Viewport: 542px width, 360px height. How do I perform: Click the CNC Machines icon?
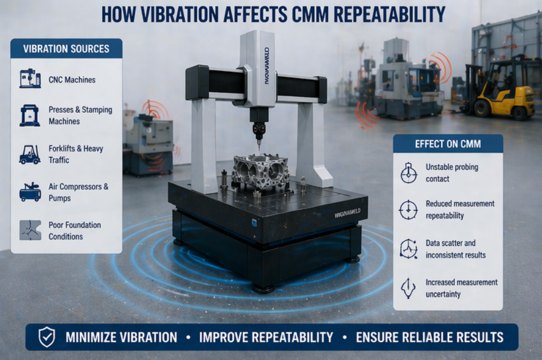click(x=30, y=79)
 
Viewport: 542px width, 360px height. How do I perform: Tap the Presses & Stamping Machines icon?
click(x=30, y=115)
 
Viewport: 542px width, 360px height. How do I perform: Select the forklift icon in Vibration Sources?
click(x=30, y=154)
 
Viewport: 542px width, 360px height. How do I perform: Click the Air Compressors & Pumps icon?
click(x=30, y=192)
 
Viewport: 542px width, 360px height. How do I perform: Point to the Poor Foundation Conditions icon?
click(x=30, y=230)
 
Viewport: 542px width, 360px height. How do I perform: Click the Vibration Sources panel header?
click(x=66, y=49)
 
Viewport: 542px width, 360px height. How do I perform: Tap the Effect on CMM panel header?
click(x=447, y=144)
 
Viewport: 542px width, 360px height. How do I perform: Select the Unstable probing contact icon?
click(x=408, y=173)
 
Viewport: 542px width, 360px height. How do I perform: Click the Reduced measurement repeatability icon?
click(x=408, y=210)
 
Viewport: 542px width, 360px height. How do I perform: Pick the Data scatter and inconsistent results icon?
click(x=408, y=249)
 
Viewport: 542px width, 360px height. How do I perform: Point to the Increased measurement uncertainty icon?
click(x=408, y=288)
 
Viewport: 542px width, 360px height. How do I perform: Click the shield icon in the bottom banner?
click(x=46, y=337)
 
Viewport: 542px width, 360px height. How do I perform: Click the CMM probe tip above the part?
click(x=259, y=148)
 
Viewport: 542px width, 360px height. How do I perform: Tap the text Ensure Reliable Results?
click(x=430, y=337)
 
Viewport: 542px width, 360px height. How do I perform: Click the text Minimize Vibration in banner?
click(x=121, y=337)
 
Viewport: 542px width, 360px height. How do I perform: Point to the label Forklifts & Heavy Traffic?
click(x=75, y=154)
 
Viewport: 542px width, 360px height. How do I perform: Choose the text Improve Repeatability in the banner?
click(x=266, y=337)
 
